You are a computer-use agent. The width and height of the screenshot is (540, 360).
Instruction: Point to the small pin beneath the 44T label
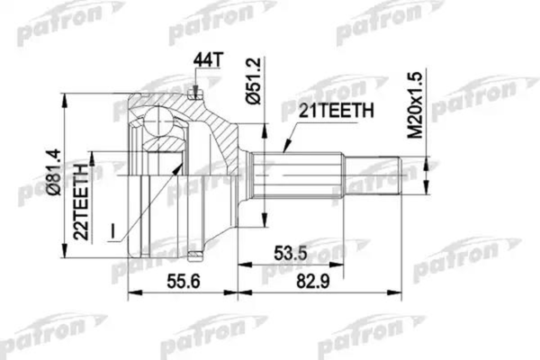coord(195,89)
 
